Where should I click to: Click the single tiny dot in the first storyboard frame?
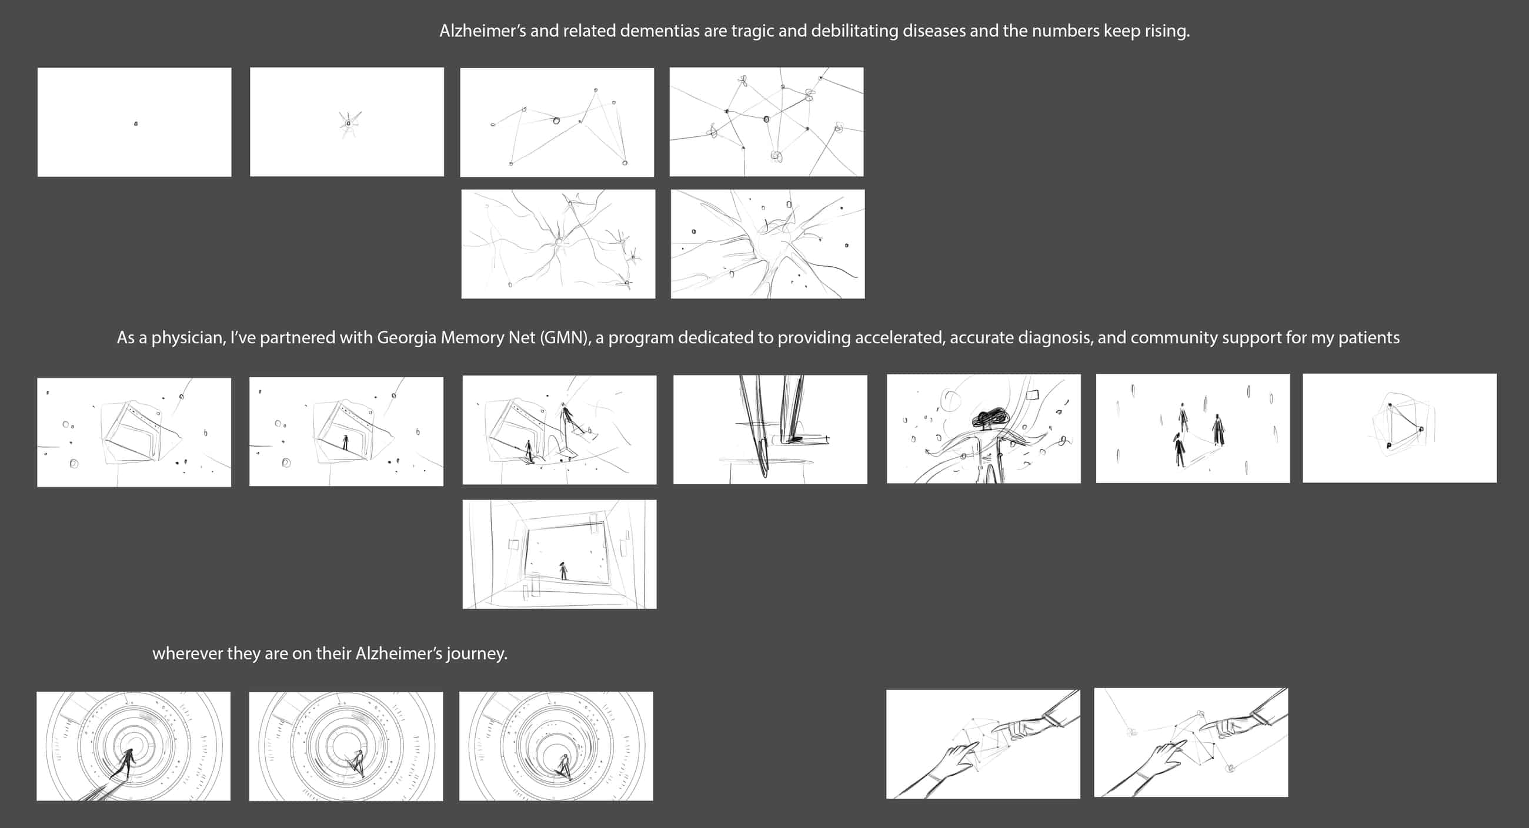136,123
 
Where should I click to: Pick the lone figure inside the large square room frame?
563,571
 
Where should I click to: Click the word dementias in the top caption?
659,31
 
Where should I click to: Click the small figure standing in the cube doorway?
345,443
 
